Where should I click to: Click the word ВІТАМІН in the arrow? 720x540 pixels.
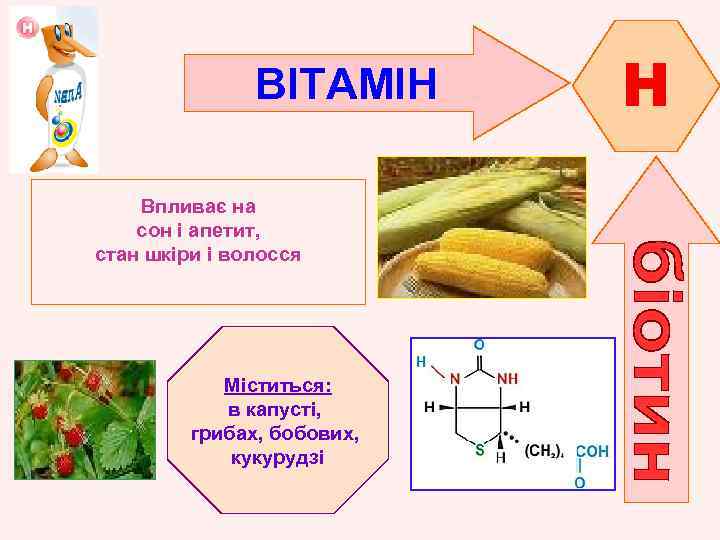346,85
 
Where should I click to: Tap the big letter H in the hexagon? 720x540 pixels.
645,85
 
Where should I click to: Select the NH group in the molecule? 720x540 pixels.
507,379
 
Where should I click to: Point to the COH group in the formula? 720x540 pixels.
591,451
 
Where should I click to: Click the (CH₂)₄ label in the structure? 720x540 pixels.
544,451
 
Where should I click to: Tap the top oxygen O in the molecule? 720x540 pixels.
480,344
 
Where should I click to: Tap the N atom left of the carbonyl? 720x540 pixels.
455,379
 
